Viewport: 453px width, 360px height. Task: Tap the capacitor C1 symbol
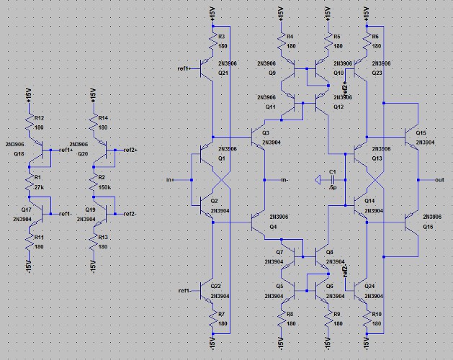322,179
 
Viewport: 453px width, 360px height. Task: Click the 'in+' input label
170,179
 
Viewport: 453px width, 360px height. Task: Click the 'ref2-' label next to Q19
130,213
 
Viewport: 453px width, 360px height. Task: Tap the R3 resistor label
221,36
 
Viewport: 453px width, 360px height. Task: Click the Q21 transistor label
223,73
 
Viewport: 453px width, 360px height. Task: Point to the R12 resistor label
39,118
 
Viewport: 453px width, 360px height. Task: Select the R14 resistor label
103,118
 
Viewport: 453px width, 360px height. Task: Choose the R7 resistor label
222,314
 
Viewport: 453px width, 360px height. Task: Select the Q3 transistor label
266,133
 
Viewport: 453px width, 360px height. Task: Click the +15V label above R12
27,94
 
